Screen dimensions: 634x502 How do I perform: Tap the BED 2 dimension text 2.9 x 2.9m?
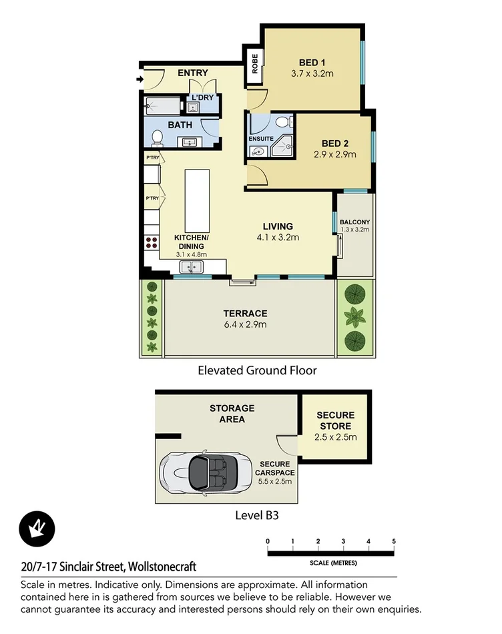tap(334, 154)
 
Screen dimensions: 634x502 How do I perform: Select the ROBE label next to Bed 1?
tap(254, 66)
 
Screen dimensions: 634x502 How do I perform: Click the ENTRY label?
tap(193, 73)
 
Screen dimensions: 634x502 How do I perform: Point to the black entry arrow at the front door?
tap(139, 81)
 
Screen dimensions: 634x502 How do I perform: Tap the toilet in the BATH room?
tap(158, 137)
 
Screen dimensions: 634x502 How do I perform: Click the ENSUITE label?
tap(262, 139)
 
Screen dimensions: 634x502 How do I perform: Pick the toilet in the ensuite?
tap(284, 121)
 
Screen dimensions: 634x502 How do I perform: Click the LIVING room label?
tap(277, 226)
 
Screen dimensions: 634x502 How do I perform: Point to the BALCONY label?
tap(354, 222)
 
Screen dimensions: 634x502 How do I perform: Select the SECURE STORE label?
tap(335, 420)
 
